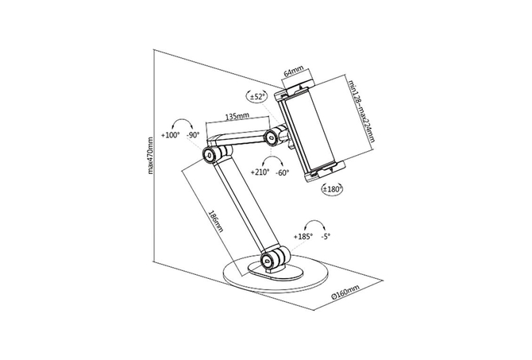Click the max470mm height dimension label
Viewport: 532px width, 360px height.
pos(151,156)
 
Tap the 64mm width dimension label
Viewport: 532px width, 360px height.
pos(294,72)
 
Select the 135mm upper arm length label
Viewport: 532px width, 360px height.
pos(237,116)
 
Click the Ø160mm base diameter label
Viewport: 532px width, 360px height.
pos(345,292)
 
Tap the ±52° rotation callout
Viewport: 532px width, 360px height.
pos(256,96)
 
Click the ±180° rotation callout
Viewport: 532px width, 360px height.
pos(332,189)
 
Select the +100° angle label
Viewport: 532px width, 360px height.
pos(171,135)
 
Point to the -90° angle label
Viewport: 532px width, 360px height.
pos(193,135)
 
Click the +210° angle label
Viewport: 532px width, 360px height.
pos(260,172)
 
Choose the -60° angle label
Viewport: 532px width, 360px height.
pos(283,172)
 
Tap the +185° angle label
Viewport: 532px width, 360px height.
pos(303,237)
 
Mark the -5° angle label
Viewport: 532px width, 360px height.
pos(326,237)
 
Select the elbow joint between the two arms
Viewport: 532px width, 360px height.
pos(213,155)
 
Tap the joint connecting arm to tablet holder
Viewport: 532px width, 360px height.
pos(275,136)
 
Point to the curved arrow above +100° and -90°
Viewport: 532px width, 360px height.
pos(182,125)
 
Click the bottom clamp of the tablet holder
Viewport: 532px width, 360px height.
pos(325,171)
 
